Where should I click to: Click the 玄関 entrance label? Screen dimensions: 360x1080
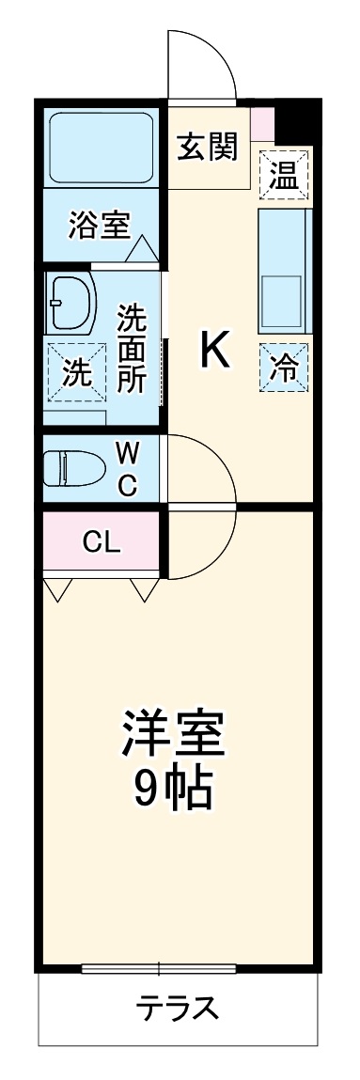pos(209,147)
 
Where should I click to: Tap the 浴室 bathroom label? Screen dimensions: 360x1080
pos(99,226)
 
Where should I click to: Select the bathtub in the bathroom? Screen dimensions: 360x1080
pos(101,149)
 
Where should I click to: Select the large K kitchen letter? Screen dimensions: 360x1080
pos(214,352)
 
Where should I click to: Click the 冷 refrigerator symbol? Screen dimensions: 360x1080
pos(283,367)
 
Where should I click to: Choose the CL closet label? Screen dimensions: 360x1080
pos(102,542)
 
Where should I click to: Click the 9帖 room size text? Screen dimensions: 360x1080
pos(172,790)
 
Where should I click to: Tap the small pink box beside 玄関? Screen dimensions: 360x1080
pos(263,123)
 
